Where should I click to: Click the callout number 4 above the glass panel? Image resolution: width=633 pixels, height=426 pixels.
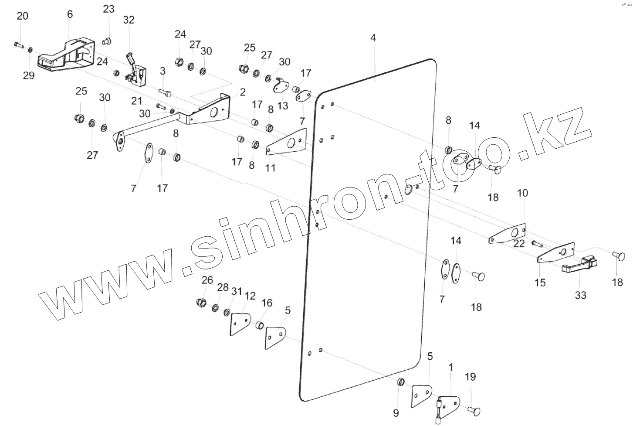click(373, 38)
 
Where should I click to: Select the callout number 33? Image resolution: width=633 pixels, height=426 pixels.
click(580, 296)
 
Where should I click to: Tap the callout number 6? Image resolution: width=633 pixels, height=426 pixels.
click(70, 14)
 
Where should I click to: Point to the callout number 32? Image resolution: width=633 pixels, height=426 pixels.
click(129, 20)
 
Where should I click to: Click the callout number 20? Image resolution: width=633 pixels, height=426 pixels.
click(22, 16)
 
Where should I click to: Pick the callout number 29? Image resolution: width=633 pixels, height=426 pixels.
click(28, 75)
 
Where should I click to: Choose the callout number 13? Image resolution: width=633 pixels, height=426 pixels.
click(283, 106)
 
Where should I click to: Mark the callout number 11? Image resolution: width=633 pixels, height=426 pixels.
click(271, 167)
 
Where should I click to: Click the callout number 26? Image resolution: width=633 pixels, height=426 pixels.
click(207, 279)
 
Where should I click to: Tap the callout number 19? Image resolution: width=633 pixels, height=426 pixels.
click(471, 377)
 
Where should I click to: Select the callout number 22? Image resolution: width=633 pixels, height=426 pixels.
click(519, 244)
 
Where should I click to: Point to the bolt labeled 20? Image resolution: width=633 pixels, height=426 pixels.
click(18, 44)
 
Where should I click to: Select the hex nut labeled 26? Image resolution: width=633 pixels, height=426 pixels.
click(201, 302)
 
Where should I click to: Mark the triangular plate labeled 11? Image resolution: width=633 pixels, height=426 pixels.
click(287, 142)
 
